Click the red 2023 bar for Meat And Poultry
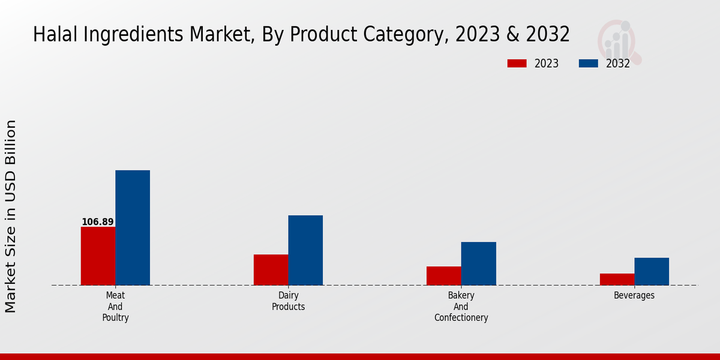[x=98, y=256]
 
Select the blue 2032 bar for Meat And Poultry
[x=133, y=227]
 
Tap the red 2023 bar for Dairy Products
[x=271, y=269]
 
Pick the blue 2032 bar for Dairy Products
[x=305, y=250]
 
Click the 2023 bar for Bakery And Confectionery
[x=444, y=275]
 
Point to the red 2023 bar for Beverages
[x=617, y=279]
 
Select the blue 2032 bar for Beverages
[x=652, y=271]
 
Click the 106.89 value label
[x=98, y=222]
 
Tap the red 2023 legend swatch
[x=517, y=64]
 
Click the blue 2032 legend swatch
[x=588, y=64]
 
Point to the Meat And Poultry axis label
[x=115, y=307]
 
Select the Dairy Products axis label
[x=288, y=301]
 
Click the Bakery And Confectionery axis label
[x=461, y=307]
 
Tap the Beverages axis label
[x=634, y=295]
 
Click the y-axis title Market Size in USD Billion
[x=11, y=216]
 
